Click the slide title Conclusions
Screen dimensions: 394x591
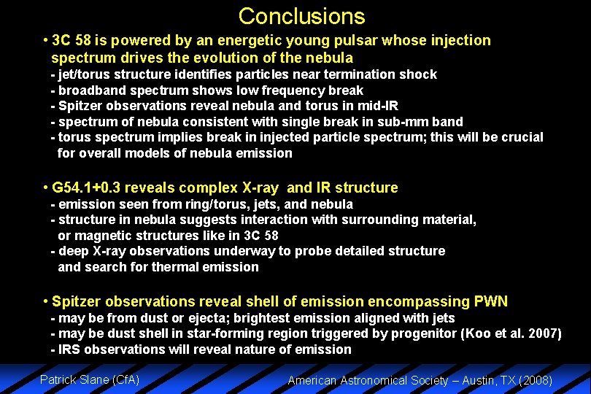coord(301,16)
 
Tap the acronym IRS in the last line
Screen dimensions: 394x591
coord(71,349)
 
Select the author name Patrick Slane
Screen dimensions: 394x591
coord(72,379)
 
